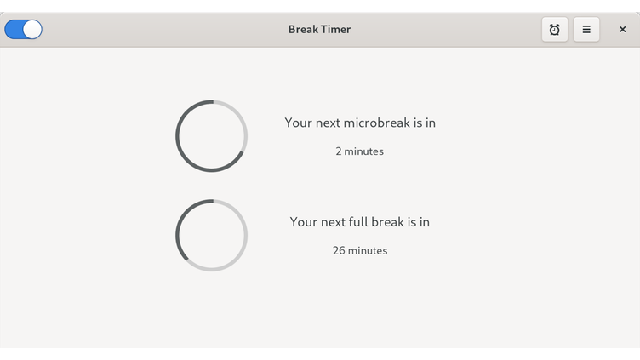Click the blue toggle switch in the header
pos(23,30)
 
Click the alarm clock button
pos(555,30)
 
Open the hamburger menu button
pos(586,30)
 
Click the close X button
pos(622,30)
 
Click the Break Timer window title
pos(319,30)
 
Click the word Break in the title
pos(303,30)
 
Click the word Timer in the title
pos(336,30)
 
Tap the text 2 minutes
pos(359,151)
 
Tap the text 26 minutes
pos(359,251)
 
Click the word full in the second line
pos(357,222)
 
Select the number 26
pos(339,251)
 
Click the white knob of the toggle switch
pos(32,30)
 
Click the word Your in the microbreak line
pos(298,123)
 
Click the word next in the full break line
pos(335,222)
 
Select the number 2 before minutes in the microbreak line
pos(339,151)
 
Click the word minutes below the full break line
pos(368,251)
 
